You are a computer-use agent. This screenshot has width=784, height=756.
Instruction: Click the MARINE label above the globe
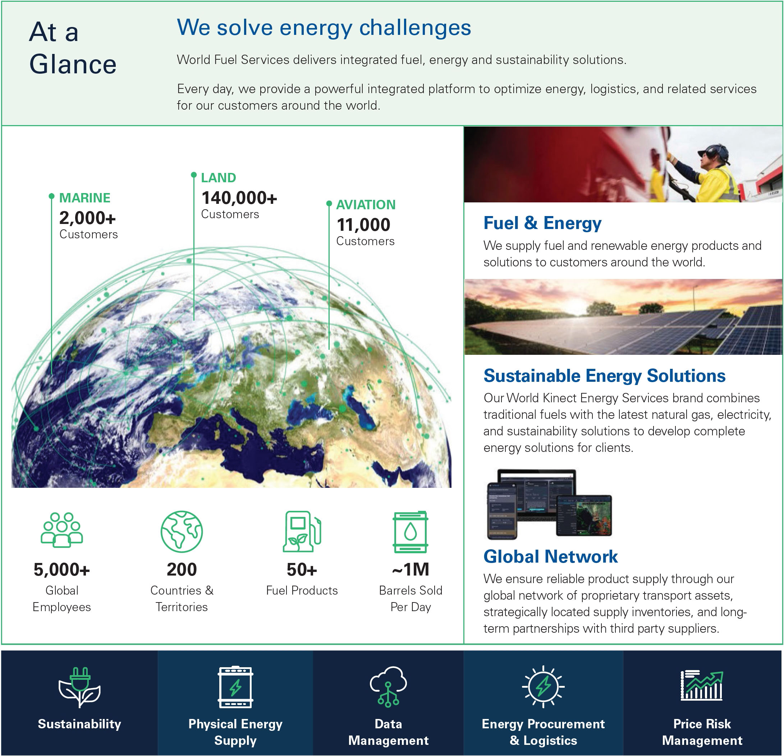click(84, 198)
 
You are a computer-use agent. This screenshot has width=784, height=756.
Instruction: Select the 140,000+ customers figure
click(239, 198)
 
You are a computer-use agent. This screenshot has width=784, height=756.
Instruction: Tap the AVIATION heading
click(366, 205)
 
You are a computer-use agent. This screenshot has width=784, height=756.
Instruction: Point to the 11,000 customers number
click(363, 225)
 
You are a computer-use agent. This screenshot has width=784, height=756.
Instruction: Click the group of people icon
click(61, 530)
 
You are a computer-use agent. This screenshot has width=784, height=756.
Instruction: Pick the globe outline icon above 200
click(182, 532)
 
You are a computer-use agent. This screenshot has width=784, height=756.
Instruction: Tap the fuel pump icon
click(302, 531)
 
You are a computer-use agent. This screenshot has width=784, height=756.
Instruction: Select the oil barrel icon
click(411, 532)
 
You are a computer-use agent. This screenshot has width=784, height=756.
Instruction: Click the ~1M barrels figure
click(411, 569)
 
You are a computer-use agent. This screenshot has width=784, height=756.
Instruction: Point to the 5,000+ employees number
click(61, 569)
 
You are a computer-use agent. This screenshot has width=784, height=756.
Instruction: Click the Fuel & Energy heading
click(542, 223)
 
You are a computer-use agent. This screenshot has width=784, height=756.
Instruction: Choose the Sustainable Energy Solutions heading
click(604, 376)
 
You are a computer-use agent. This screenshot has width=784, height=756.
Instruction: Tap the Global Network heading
click(550, 556)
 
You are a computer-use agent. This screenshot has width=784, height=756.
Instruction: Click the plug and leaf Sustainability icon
click(79, 687)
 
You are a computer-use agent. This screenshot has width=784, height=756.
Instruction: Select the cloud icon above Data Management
click(388, 686)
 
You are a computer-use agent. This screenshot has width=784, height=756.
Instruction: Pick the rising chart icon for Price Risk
click(702, 686)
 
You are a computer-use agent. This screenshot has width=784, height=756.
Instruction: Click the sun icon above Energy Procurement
click(543, 686)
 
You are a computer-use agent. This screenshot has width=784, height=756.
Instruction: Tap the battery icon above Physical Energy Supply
click(235, 687)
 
